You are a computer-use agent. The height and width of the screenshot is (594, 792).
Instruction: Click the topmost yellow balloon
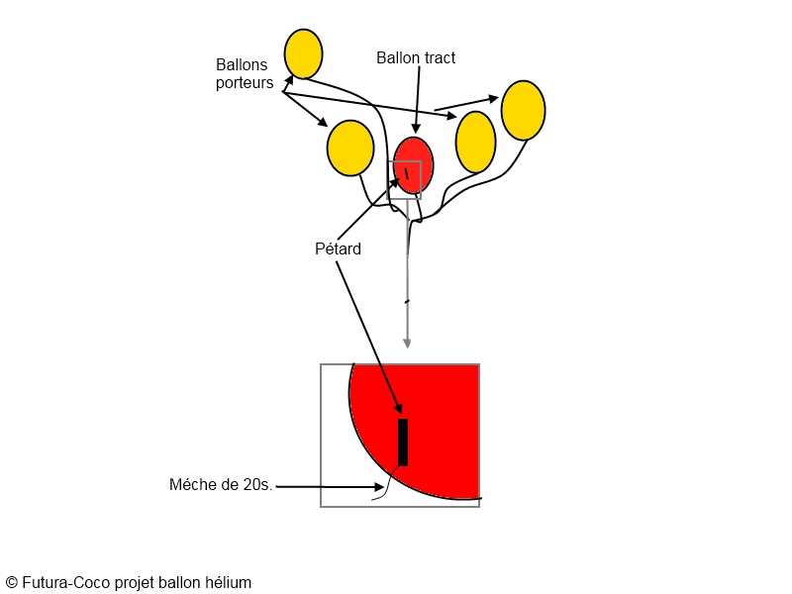click(303, 54)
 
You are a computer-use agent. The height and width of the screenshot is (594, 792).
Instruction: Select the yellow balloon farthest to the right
click(524, 111)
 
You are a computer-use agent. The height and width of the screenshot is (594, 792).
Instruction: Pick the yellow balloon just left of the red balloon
click(350, 148)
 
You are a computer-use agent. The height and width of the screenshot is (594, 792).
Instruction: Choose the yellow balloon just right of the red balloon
click(475, 142)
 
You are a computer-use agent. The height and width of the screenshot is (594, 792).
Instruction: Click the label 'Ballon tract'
click(416, 58)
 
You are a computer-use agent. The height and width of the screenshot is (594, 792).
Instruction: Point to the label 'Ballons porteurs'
click(245, 74)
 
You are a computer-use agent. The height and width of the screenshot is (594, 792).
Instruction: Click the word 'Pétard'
click(338, 249)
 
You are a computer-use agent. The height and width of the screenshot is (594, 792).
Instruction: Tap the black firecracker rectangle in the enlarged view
click(403, 442)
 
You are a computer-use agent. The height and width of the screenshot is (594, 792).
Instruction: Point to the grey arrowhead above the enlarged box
click(407, 343)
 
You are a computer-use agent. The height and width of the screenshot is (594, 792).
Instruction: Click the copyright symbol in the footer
click(11, 583)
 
